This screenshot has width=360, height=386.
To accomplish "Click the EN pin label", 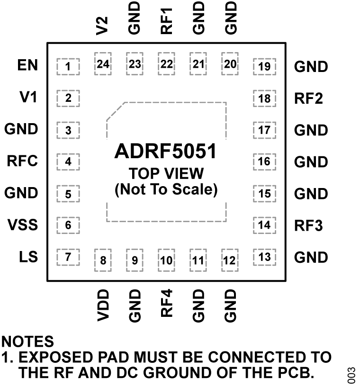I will click(27, 65).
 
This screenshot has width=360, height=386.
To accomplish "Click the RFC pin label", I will click(22, 161).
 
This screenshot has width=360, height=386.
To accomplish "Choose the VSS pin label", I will click(22, 224).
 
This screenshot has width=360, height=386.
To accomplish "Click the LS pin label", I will click(28, 257).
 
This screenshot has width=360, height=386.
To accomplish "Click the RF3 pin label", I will click(308, 225).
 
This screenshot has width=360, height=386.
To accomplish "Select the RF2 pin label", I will click(308, 99).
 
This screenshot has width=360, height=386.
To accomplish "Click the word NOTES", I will click(27, 341).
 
